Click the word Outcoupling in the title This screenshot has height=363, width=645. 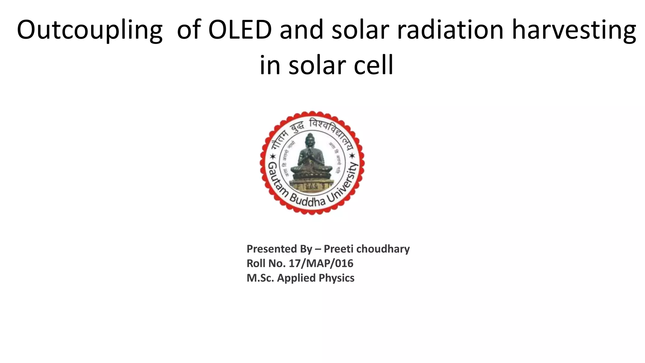tap(89, 30)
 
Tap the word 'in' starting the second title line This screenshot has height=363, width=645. tap(270, 66)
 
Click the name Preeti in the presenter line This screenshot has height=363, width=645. tap(339, 249)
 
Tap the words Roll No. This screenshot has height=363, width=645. tap(266, 263)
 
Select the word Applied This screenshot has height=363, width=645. tap(296, 278)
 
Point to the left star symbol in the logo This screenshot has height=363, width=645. tap(273, 157)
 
